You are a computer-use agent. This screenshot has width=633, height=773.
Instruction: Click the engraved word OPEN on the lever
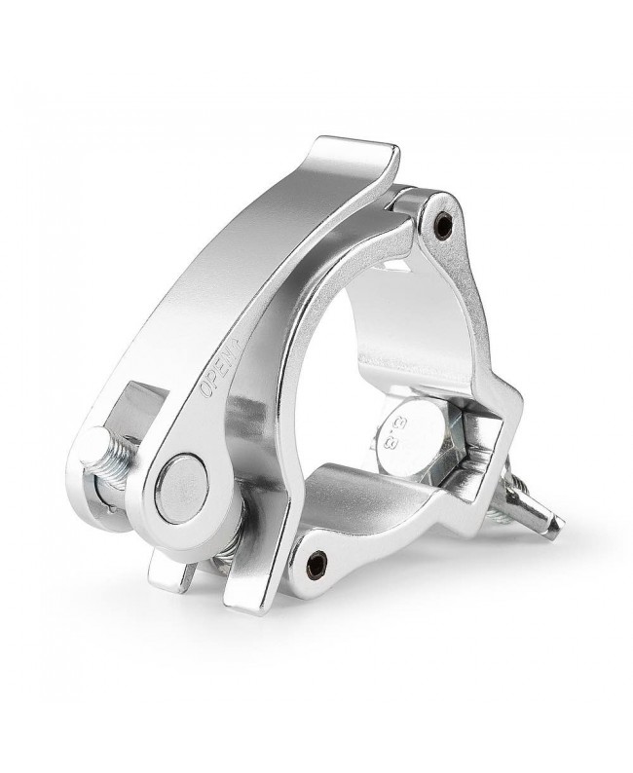[215, 373]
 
